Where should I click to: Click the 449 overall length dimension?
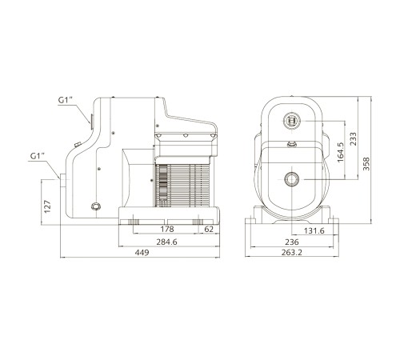click(x=142, y=252)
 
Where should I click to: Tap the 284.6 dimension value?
click(x=166, y=242)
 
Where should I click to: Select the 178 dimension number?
click(x=167, y=229)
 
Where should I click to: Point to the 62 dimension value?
click(x=209, y=229)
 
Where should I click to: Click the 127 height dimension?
click(x=47, y=206)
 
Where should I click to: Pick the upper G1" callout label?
click(x=66, y=100)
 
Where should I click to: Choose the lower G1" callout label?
click(x=38, y=156)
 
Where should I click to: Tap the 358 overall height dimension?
click(x=366, y=164)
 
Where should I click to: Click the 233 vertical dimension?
click(x=353, y=138)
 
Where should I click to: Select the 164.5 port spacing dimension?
click(x=341, y=152)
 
